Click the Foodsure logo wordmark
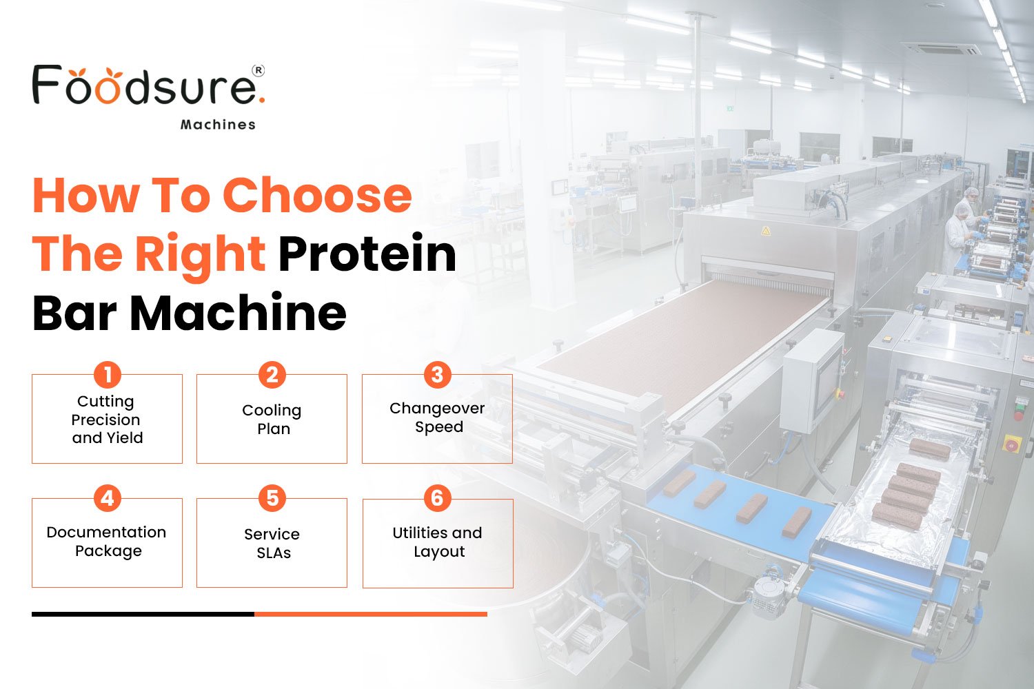tap(146, 86)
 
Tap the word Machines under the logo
tap(218, 125)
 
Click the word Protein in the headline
tap(367, 254)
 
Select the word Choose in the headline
tap(317, 195)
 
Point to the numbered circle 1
tap(108, 375)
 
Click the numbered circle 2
tap(272, 375)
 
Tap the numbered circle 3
tap(437, 375)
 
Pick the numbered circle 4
tap(108, 498)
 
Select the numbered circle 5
tap(272, 498)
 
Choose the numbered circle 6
tap(437, 498)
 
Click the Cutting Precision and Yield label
tap(107, 420)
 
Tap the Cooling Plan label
tap(272, 420)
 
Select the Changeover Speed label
tap(437, 418)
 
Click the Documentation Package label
tap(107, 542)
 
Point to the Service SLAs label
tap(272, 544)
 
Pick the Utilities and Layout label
tap(437, 542)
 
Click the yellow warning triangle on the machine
tap(765, 232)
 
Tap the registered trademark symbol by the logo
tap(258, 70)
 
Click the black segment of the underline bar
tap(143, 614)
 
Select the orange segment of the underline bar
tap(371, 614)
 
